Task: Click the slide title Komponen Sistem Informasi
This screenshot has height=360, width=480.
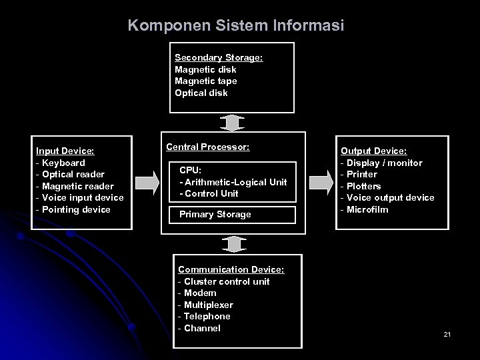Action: pos(236,25)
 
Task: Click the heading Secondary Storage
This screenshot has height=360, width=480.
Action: pos(219,58)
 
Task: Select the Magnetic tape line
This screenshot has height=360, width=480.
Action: pos(205,81)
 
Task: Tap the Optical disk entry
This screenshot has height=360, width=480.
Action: pos(201,93)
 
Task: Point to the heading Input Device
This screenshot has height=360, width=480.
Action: pos(65,151)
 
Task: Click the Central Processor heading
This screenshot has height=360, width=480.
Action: pos(207,146)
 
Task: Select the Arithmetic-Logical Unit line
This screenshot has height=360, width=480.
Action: pos(235,182)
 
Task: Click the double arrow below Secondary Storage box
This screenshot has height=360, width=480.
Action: pos(232,123)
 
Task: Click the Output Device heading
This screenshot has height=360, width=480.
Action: pos(373,151)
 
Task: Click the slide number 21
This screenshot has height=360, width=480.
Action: pos(447,333)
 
